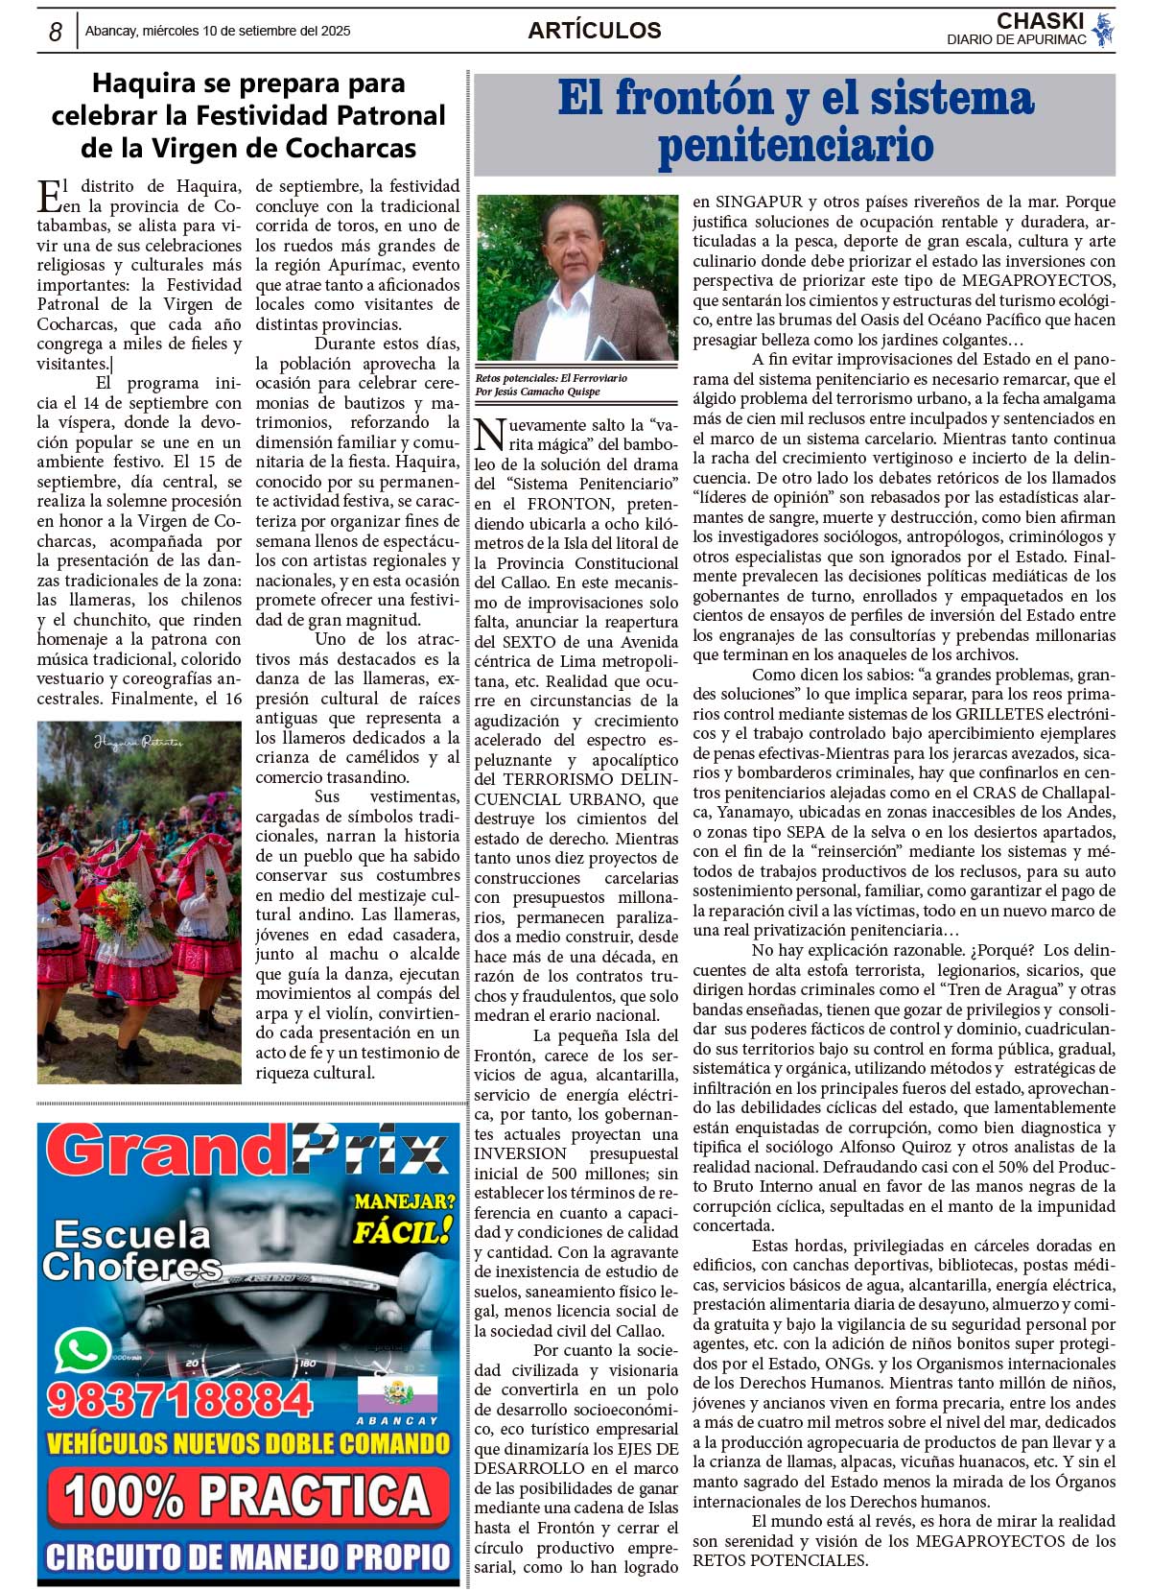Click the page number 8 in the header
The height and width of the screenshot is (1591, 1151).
pyautogui.click(x=56, y=32)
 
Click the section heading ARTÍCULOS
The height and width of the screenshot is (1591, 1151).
pyautogui.click(x=594, y=31)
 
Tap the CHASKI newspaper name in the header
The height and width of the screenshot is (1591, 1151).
pyautogui.click(x=1040, y=21)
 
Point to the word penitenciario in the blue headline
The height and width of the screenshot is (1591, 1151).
pyautogui.click(x=795, y=146)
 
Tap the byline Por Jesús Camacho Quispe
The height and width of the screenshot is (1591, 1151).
pyautogui.click(x=537, y=392)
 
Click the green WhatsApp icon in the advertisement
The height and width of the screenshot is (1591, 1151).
pyautogui.click(x=82, y=1351)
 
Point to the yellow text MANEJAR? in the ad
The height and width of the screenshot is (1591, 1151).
pyautogui.click(x=404, y=1201)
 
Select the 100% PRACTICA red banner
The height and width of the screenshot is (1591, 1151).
pyautogui.click(x=248, y=1496)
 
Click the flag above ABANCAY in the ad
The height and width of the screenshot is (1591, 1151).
pyautogui.click(x=396, y=1392)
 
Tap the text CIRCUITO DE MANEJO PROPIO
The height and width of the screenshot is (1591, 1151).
pyautogui.click(x=248, y=1555)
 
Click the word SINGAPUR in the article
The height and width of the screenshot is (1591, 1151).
pyautogui.click(x=761, y=202)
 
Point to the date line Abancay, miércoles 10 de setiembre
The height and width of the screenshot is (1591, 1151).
pyautogui.click(x=218, y=31)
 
